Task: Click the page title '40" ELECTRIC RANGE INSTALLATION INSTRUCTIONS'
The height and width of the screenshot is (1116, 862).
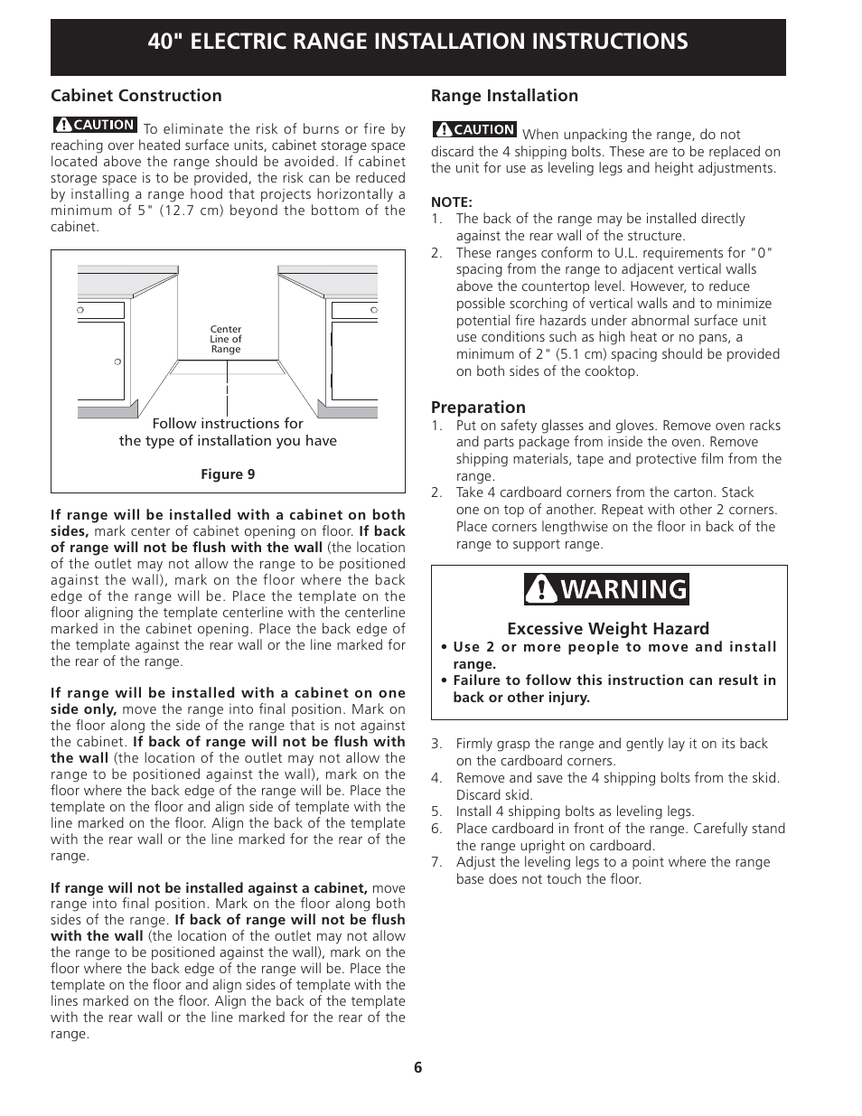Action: pos(417,42)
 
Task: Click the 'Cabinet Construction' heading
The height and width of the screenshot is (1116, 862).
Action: pos(136,96)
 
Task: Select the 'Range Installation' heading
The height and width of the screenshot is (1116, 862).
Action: pos(504,96)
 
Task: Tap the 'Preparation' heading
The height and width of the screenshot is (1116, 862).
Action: pos(478,408)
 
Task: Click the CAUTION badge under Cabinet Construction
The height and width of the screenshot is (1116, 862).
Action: pos(95,125)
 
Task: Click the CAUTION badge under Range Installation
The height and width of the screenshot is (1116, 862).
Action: pos(474,129)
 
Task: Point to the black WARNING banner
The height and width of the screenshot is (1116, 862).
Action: pos(606,589)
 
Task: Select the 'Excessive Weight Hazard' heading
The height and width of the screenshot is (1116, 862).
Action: pos(608,629)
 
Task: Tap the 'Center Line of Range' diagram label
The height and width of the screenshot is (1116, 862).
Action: pos(226,340)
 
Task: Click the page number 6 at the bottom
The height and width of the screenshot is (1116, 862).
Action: pos(418,1067)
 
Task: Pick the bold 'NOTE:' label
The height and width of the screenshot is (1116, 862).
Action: pos(452,202)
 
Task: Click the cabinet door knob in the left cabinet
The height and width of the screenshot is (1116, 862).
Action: pos(117,361)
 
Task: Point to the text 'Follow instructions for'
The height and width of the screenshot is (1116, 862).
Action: pos(228,424)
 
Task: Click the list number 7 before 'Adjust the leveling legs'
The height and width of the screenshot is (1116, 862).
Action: pos(436,862)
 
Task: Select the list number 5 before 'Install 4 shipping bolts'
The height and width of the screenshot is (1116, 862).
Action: pos(436,811)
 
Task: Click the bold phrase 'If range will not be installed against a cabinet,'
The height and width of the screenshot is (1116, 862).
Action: pos(209,888)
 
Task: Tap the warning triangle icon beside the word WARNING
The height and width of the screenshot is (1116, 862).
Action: pos(541,589)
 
